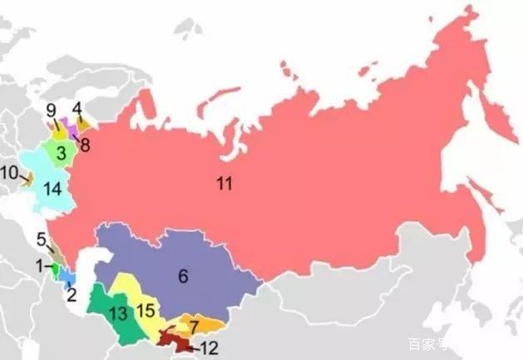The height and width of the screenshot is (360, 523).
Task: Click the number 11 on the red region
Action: click(224, 184)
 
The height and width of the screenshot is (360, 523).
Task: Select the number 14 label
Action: click(52, 190)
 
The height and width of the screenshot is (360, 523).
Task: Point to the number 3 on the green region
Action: click(62, 154)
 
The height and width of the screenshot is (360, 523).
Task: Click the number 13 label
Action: click(117, 313)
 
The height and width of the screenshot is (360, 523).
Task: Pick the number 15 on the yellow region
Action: click(146, 311)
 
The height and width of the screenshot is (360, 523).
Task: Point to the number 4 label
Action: click(77, 108)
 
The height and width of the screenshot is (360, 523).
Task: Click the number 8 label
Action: click(85, 142)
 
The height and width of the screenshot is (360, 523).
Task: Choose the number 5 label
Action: click(42, 240)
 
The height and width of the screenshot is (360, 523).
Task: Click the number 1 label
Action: click(38, 266)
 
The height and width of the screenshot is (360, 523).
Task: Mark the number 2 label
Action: click(72, 293)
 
